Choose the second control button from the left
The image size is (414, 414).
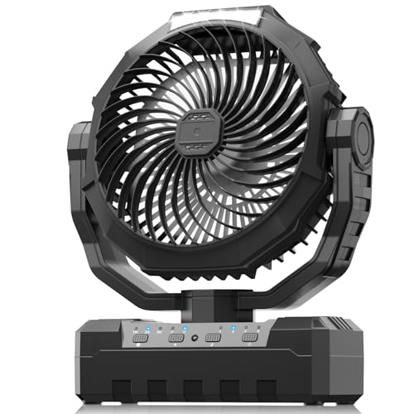(x=175, y=338)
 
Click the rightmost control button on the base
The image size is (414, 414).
(x=248, y=338)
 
